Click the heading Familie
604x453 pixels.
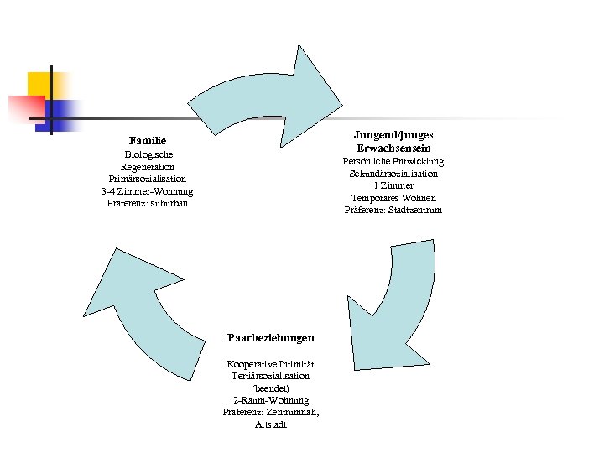tap(148, 140)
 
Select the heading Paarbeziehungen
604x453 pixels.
tap(271, 337)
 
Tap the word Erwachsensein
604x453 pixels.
tap(393, 148)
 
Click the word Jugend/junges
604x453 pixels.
tap(393, 134)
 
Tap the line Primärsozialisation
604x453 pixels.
tap(148, 179)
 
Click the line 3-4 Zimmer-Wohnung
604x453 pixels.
tap(148, 191)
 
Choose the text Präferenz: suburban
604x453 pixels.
tap(148, 203)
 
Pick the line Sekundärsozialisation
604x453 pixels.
tap(393, 174)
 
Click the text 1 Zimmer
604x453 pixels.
tap(393, 185)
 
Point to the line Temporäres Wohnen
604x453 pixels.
tap(393, 198)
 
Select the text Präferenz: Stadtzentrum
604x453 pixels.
tap(393, 210)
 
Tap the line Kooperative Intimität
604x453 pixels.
tap(271, 365)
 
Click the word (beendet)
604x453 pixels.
tap(271, 389)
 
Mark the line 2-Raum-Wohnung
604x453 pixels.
tap(271, 401)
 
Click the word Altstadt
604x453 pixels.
tap(271, 425)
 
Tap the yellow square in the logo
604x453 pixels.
tap(39, 85)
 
